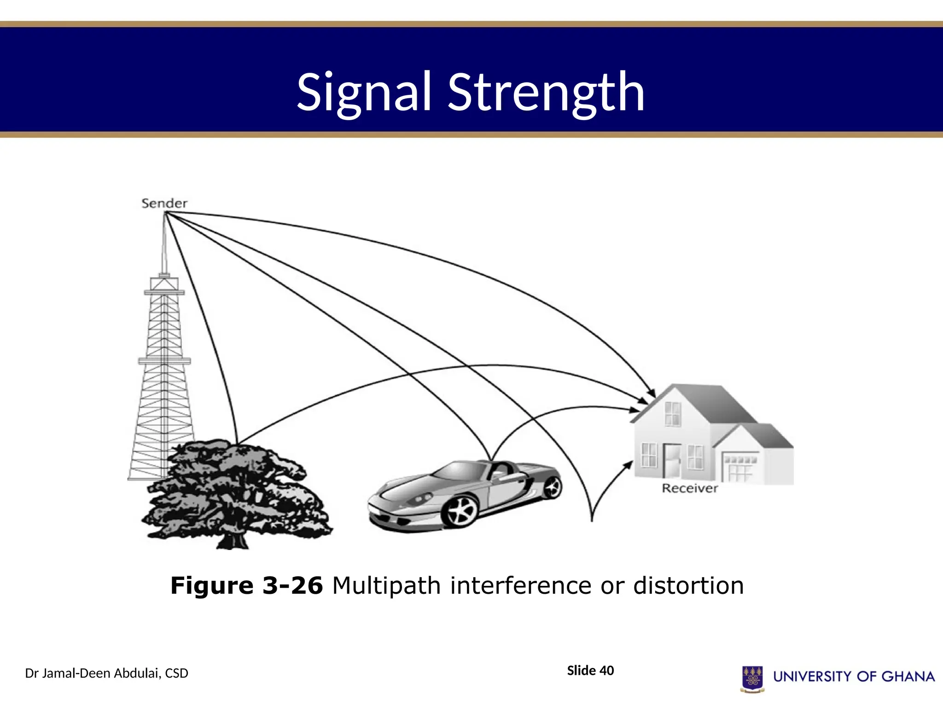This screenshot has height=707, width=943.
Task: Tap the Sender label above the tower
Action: [164, 203]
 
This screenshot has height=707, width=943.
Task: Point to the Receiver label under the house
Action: [689, 488]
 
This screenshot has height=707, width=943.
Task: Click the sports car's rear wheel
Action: [552, 487]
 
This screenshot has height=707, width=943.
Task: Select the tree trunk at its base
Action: [233, 541]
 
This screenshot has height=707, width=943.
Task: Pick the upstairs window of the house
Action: [673, 413]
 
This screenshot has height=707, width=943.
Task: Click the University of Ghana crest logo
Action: [752, 678]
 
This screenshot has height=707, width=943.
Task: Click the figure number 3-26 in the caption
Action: [292, 586]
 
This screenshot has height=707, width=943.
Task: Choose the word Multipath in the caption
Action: [386, 586]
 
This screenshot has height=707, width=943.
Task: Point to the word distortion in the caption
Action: [688, 586]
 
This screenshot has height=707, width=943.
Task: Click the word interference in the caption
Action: [521, 586]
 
